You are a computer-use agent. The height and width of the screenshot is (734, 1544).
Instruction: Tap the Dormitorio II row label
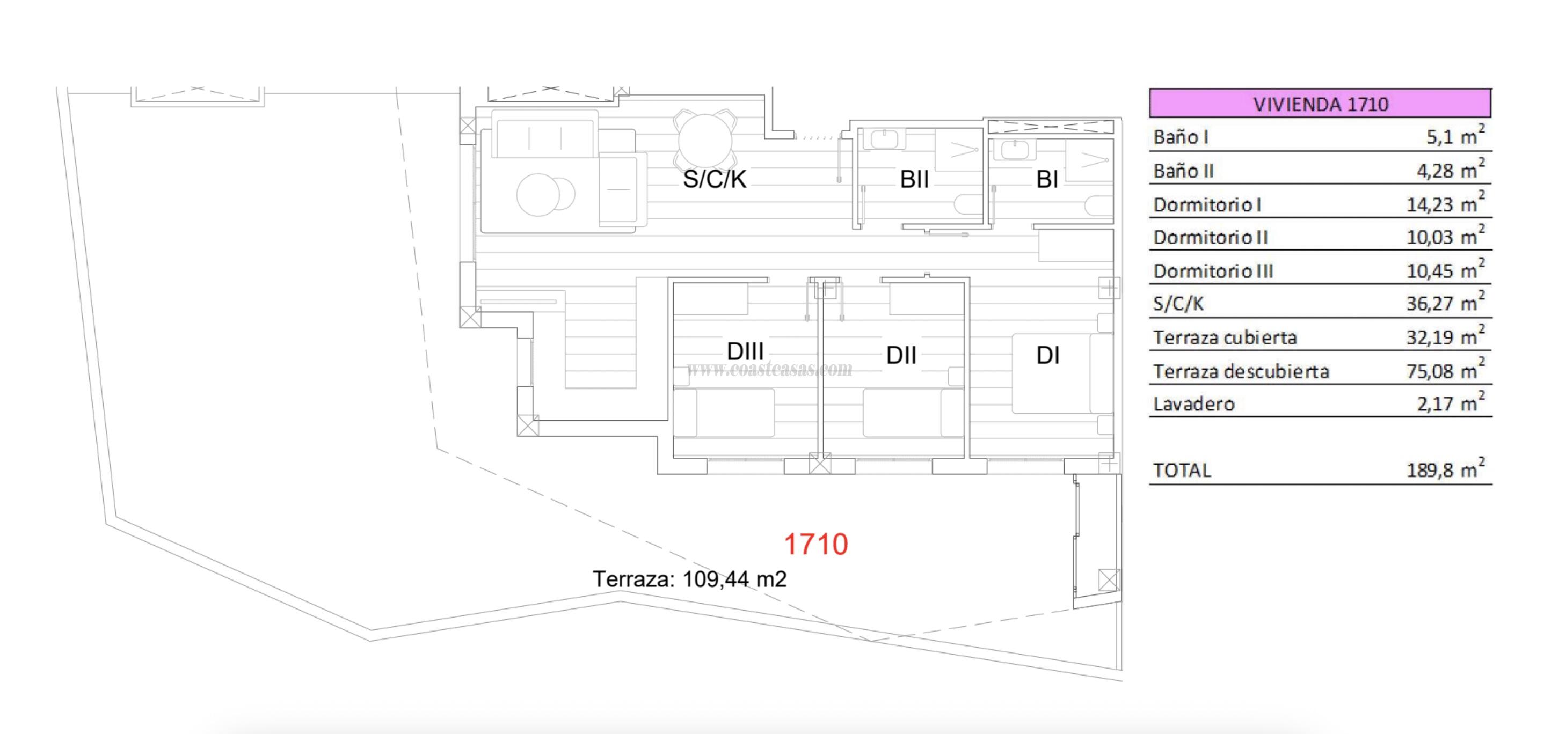1210,237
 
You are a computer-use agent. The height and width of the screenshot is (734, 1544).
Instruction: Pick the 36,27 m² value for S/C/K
1445,303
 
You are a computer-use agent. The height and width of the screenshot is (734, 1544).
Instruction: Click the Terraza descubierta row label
1241,371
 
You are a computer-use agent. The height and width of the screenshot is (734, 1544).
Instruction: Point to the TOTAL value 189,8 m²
1445,470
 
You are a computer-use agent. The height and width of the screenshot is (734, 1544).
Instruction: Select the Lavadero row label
1193,404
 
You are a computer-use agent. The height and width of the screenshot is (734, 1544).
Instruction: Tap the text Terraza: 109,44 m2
689,579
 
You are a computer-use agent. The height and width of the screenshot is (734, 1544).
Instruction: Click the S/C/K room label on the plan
715,179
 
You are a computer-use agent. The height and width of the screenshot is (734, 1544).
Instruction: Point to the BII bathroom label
914,179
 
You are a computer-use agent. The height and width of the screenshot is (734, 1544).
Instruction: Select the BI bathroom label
1046,179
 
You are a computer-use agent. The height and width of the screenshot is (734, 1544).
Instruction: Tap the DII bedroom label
901,355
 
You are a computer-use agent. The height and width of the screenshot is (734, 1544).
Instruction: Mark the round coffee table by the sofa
539,195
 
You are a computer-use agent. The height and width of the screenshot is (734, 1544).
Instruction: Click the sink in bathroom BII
884,140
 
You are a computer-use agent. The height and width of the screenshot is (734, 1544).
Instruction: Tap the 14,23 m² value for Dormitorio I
1445,204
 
